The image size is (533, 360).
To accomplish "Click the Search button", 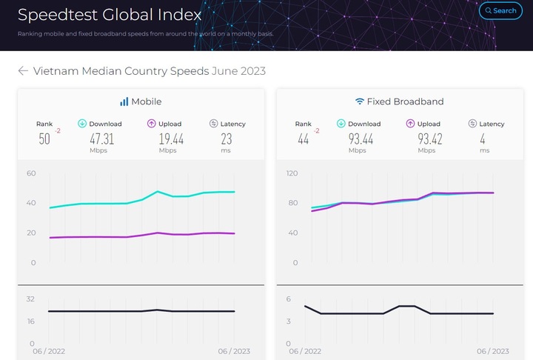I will coord(500,10).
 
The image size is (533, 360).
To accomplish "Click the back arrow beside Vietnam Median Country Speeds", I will coord(23,71).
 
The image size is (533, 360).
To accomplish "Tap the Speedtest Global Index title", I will coord(109,15).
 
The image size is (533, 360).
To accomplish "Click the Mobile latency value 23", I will coord(227,139).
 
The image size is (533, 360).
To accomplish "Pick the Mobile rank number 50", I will coord(44,139).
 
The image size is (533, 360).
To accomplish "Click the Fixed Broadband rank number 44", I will coord(303,139).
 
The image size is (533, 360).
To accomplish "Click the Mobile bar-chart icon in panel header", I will coord(124,101).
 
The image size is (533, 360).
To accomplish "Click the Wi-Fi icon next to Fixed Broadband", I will coord(360,101).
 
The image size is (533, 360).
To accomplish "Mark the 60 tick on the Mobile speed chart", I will coord(31,173).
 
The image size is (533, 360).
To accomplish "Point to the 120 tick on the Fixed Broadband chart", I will coord(291,173).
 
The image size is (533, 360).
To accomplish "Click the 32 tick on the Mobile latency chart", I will coord(31,299).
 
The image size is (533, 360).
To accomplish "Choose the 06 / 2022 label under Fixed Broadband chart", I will coord(305,352).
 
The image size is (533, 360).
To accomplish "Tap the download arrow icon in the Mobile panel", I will coord(82,124).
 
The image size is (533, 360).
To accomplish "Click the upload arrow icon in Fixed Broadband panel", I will coord(411,124).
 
